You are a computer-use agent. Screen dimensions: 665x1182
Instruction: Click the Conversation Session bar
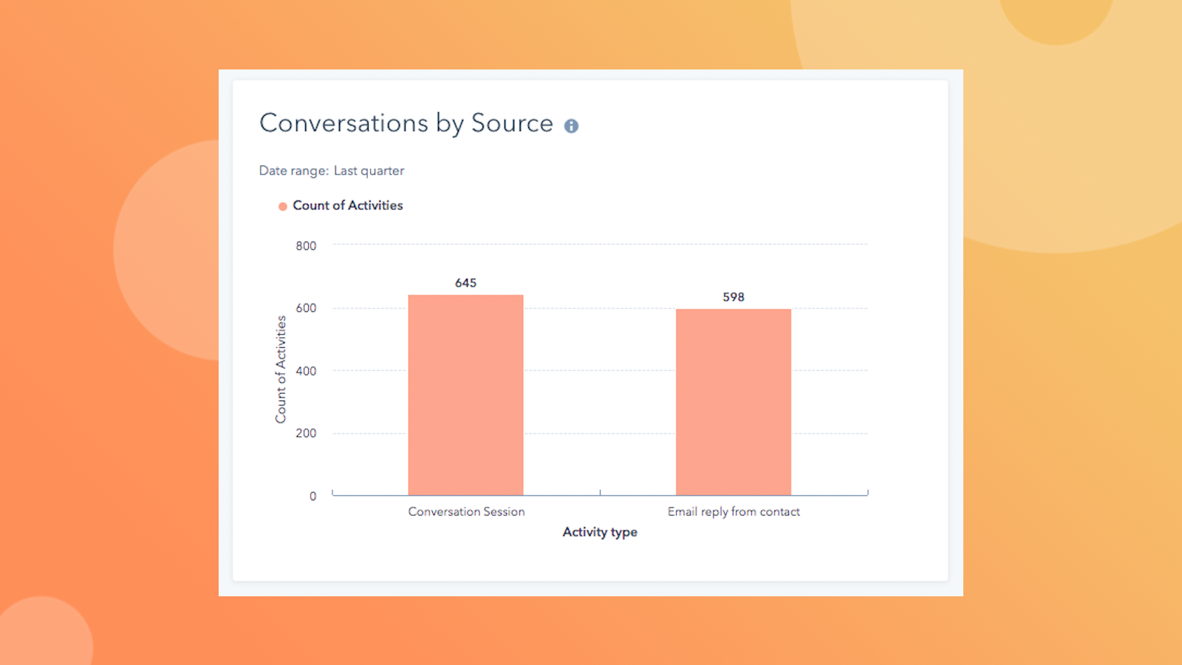pos(465,395)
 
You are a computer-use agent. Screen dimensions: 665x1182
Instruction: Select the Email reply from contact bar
pos(733,403)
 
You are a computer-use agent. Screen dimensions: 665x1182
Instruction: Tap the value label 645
pos(465,283)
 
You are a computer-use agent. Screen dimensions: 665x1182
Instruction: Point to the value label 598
pos(733,297)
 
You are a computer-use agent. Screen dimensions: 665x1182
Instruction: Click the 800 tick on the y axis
pos(306,246)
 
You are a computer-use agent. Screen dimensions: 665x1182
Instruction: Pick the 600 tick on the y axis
pos(306,308)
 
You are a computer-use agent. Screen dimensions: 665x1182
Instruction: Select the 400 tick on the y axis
pos(306,371)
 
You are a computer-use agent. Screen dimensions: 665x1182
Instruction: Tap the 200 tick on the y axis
pos(306,433)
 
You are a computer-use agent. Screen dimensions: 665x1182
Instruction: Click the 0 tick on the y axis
pos(312,497)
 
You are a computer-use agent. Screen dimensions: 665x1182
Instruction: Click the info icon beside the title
pos(571,126)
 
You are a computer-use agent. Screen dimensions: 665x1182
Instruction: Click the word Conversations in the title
pos(344,123)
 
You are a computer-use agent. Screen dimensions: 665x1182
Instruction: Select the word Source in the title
pos(512,123)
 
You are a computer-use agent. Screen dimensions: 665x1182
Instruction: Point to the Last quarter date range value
pos(369,171)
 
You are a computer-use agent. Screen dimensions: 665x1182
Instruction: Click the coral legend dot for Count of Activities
pos(282,207)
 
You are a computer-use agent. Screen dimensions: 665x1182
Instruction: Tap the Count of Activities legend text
pos(348,205)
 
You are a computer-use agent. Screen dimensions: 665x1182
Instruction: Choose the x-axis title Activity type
pos(599,532)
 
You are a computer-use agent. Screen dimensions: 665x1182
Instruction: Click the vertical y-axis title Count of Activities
pos(281,369)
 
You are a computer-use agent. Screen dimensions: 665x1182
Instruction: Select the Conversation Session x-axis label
pos(466,511)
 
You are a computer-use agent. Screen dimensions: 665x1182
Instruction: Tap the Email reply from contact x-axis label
pos(734,511)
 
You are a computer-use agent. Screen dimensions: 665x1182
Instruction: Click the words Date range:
pos(293,171)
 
